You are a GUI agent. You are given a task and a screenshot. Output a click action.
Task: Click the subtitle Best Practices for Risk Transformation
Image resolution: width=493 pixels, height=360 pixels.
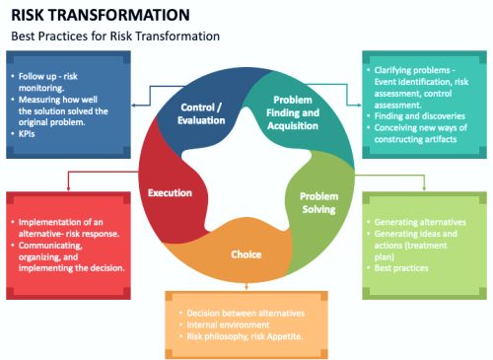point(115,36)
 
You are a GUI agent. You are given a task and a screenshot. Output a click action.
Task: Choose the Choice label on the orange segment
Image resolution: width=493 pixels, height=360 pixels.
point(246,254)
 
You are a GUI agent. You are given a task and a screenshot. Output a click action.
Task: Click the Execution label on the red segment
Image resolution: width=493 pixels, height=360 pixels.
point(170,192)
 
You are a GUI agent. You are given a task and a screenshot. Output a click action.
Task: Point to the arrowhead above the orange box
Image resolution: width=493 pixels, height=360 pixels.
point(246,288)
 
